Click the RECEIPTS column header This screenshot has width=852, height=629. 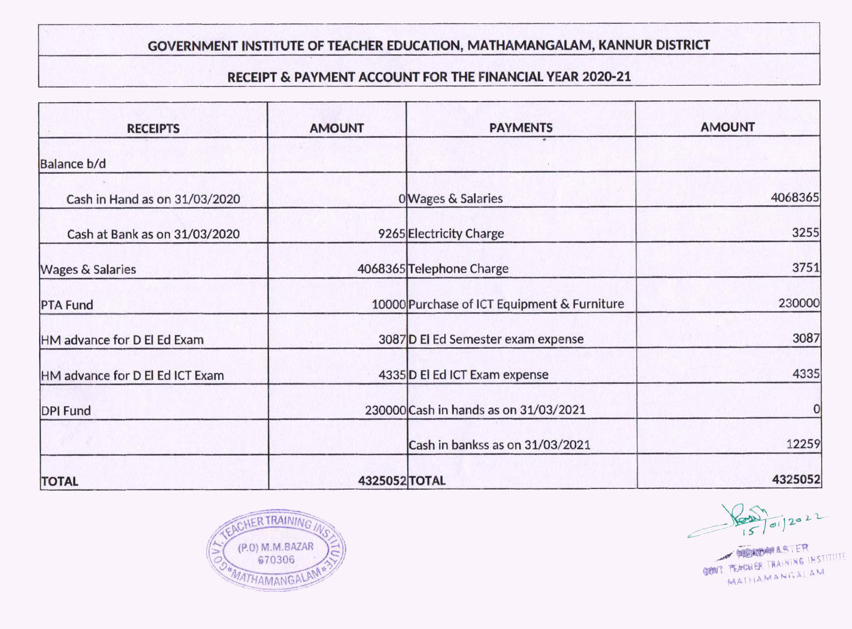coord(153,129)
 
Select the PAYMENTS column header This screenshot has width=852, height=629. coord(521,128)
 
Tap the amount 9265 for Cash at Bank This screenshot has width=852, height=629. coord(391,234)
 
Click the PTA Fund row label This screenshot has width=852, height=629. coord(67,305)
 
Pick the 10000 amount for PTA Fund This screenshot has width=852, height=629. coord(388,305)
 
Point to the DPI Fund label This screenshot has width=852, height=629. coord(66,411)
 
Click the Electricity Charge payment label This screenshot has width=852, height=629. coord(456,234)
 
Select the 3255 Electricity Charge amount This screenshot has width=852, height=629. coord(805,233)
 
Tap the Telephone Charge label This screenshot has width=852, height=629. coord(458,269)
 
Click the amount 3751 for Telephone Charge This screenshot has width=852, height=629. coord(805,268)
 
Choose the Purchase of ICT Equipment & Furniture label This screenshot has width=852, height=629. coord(516,304)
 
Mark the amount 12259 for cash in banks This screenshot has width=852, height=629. coord(803,444)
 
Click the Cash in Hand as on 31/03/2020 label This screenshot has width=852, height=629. coord(153,200)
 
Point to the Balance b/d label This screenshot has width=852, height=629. coord(73,164)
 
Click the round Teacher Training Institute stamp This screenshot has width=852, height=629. coord(276,552)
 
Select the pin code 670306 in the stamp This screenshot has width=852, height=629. coord(276,560)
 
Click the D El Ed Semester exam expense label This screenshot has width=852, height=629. coord(496,340)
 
